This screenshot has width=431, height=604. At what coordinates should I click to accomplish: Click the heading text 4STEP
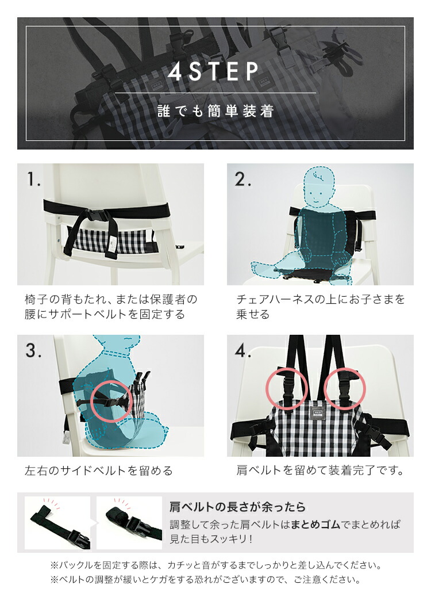[x=214, y=71]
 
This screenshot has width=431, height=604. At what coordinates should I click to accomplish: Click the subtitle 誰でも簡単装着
[x=216, y=111]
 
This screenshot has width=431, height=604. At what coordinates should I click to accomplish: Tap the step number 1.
[x=33, y=179]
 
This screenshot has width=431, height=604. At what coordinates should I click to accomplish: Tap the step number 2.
[x=243, y=179]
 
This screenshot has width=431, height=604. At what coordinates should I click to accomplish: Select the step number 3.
[x=33, y=350]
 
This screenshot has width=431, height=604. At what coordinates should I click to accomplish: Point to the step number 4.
[x=243, y=350]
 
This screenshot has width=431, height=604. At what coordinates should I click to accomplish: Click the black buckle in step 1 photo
[x=100, y=216]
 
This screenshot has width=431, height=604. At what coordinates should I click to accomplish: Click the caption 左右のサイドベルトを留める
[x=98, y=471]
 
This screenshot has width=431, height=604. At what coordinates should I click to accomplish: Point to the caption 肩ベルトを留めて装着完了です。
[x=320, y=470]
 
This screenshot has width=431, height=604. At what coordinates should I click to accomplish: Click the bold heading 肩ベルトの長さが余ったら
[x=237, y=507]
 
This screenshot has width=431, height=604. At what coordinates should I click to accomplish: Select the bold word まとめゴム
[x=315, y=524]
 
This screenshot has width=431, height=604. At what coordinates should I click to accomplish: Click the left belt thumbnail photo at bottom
[x=57, y=523]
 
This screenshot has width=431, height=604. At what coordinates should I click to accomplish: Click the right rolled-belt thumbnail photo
[x=129, y=523]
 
